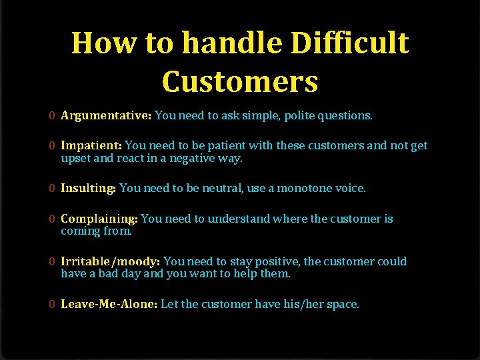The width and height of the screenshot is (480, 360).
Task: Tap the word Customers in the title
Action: point(240,81)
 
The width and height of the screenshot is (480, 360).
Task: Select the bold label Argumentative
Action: point(106,115)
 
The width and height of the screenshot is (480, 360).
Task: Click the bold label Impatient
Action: point(91,145)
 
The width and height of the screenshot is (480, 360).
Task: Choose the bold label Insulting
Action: point(89,188)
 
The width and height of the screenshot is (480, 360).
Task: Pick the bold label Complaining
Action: point(99,219)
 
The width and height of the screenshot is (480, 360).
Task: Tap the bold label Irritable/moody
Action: point(110,261)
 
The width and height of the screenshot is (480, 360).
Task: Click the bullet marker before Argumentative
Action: point(51,115)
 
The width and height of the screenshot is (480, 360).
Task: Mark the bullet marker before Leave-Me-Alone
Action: point(51,304)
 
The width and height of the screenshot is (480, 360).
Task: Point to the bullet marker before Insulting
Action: point(51,188)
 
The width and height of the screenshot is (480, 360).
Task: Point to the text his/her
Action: point(309,304)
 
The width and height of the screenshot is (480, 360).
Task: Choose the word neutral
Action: point(223,188)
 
